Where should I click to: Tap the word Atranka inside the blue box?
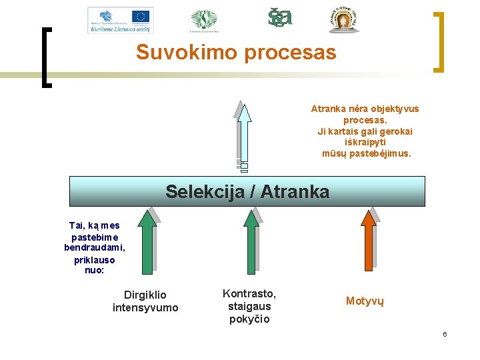point(295,192)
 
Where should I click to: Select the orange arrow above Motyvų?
point(367,241)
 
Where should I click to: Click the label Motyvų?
point(365,301)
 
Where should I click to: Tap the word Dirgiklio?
point(145,295)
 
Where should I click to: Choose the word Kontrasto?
point(249,293)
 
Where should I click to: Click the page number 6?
point(445,334)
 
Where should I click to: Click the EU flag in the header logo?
point(141,16)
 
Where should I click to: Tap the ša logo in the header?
point(280,18)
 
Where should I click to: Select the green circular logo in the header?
point(204,20)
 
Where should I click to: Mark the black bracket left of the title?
point(47,57)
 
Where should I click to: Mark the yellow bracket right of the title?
point(438,41)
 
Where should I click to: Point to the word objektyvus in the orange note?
point(394,109)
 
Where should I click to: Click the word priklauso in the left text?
point(94,259)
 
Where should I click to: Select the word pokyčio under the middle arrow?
point(249,319)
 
